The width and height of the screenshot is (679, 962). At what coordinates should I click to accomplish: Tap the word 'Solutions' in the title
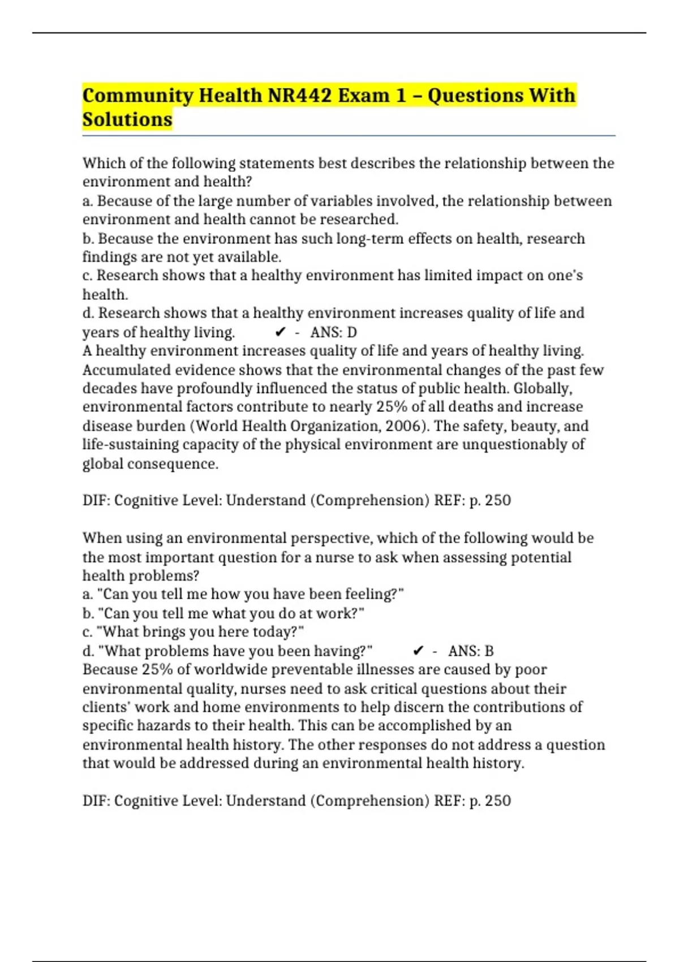pyautogui.click(x=127, y=119)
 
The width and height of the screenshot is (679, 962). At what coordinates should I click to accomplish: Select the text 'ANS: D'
pyautogui.click(x=333, y=332)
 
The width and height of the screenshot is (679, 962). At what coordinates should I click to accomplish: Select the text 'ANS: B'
pyautogui.click(x=471, y=651)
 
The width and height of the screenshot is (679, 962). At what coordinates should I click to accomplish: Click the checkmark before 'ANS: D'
pyautogui.click(x=280, y=332)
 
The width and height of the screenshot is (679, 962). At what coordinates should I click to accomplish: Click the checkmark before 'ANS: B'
pyautogui.click(x=418, y=651)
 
